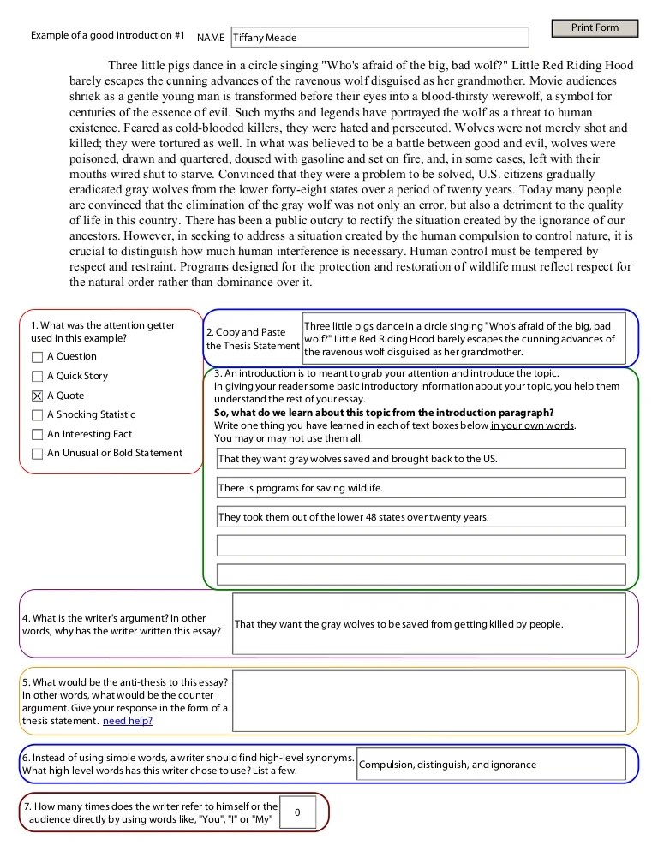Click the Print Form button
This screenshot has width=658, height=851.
pos(595,28)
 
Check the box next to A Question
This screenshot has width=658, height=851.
pos(37,357)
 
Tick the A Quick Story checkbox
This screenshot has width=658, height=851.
pos(37,377)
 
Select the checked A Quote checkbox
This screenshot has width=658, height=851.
pos(37,396)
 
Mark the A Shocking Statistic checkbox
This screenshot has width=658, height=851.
pos(37,415)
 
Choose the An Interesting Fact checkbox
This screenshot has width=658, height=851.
pos(37,435)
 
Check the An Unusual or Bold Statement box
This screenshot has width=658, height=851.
pos(37,454)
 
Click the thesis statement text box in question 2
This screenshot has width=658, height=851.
pos(470,339)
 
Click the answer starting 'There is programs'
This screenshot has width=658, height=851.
pos(421,488)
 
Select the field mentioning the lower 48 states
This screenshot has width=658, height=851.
pos(421,517)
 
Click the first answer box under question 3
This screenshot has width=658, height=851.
pos(421,459)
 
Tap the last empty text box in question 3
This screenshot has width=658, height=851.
pos(421,574)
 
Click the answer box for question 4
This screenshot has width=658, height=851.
pos(434,624)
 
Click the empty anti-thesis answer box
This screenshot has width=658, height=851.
pos(434,701)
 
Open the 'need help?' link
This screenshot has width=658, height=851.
pos(128,721)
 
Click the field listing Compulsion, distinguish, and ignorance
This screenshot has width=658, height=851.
pos(497,765)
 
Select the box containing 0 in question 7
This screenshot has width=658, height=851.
pos(297,812)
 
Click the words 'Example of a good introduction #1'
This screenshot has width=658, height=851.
pos(108,36)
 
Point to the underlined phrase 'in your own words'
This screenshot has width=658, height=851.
pos(533,425)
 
